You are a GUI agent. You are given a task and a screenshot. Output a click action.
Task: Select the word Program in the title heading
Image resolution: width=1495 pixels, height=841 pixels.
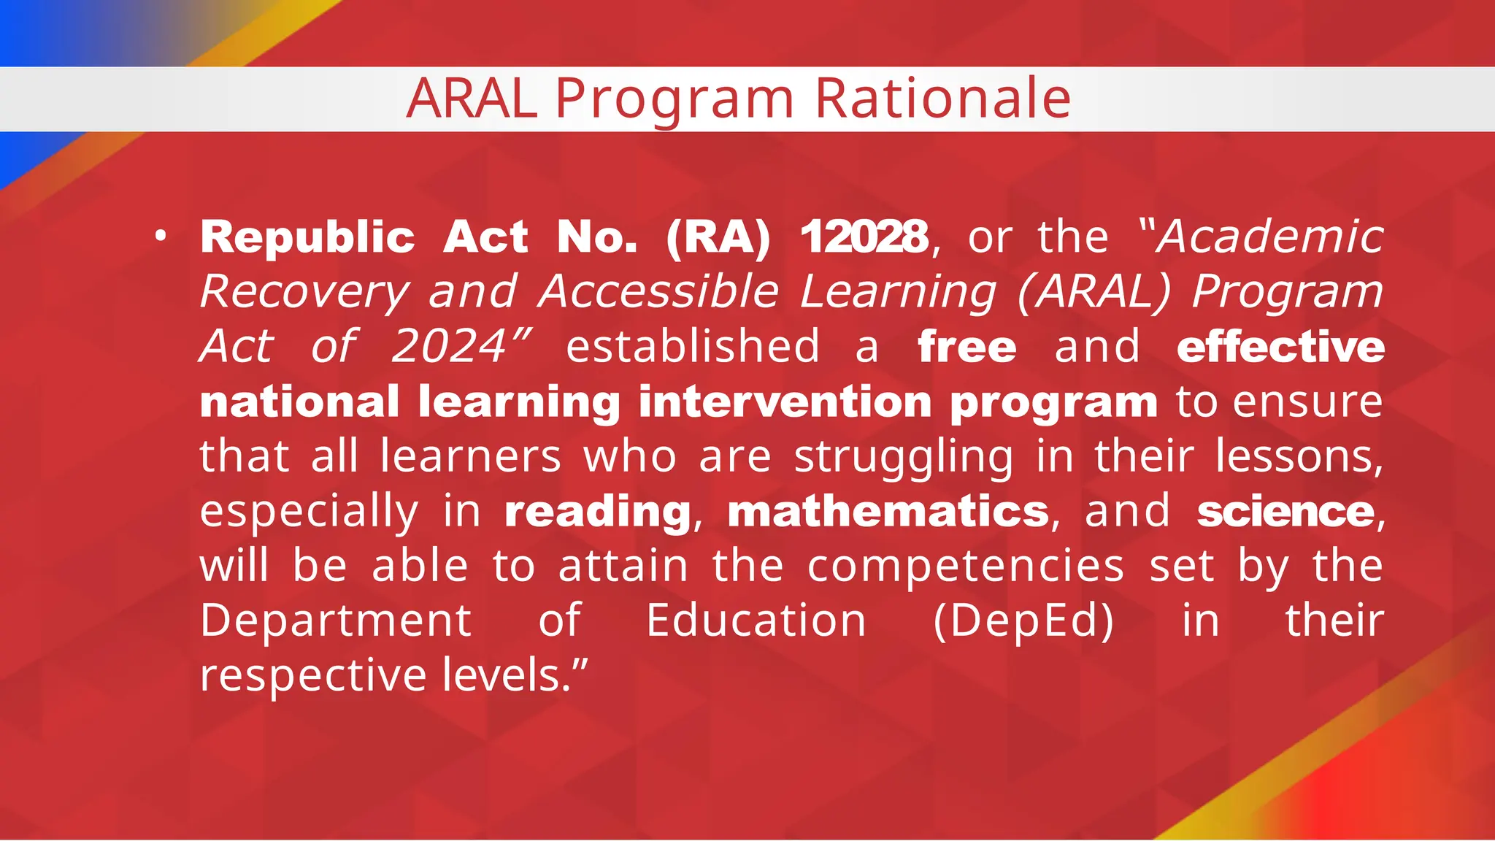tap(675, 99)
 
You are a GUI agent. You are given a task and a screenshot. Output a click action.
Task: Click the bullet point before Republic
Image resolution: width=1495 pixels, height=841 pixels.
tap(161, 237)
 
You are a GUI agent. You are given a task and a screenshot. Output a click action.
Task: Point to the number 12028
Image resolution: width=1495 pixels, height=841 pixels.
tap(864, 237)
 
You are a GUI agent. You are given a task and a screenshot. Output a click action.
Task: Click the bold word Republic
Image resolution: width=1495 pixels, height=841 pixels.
tap(307, 237)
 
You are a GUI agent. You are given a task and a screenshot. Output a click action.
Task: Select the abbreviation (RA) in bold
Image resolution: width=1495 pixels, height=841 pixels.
tap(718, 237)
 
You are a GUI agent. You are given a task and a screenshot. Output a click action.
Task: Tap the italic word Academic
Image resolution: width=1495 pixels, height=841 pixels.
tap(1270, 237)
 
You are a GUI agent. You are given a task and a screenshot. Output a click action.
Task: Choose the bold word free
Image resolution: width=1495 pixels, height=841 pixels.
tap(967, 346)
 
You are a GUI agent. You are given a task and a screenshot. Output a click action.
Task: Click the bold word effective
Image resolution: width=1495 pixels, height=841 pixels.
tap(1280, 346)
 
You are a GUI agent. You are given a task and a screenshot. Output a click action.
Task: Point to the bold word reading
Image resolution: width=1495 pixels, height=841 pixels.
tap(598, 511)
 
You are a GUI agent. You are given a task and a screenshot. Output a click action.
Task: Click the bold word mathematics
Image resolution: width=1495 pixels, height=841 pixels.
tap(888, 511)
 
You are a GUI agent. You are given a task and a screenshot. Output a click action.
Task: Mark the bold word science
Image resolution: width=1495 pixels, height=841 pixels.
tap(1285, 511)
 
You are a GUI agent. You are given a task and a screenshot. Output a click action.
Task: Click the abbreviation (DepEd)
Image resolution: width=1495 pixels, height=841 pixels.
tap(1023, 621)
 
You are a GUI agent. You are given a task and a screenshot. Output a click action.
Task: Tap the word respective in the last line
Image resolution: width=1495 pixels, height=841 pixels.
tap(313, 675)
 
